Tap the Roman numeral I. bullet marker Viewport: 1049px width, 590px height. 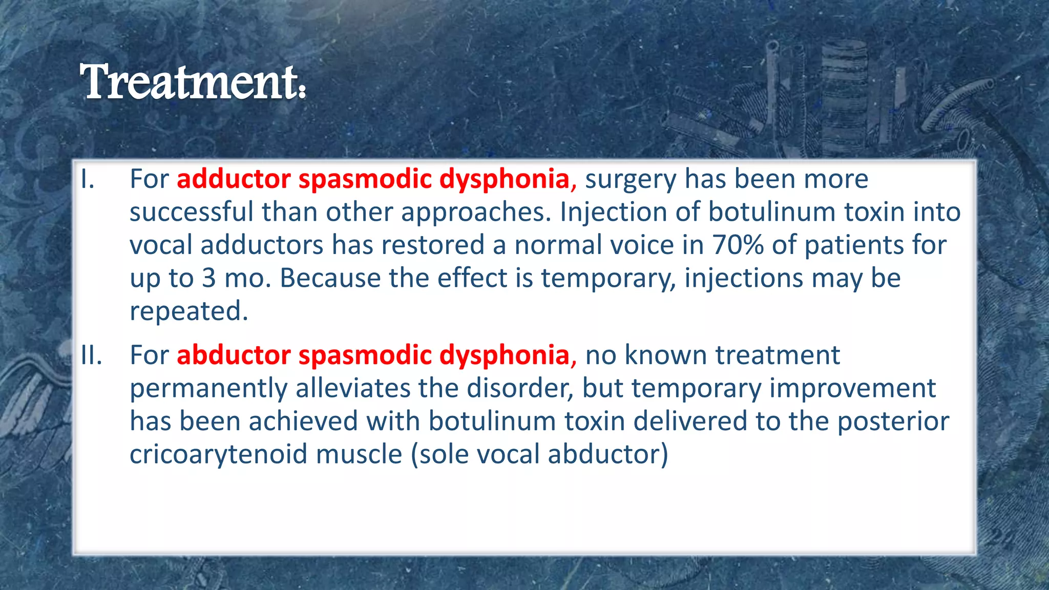(x=88, y=179)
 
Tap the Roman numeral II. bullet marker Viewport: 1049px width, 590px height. (x=91, y=355)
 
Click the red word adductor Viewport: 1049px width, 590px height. (x=234, y=179)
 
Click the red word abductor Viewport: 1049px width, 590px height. (x=234, y=355)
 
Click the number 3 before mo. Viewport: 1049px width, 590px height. (x=208, y=278)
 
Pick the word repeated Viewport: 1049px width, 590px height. (x=188, y=311)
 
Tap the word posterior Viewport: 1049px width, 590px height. (x=893, y=422)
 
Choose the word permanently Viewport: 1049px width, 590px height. (x=208, y=389)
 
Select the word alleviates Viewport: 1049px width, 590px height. (x=353, y=388)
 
